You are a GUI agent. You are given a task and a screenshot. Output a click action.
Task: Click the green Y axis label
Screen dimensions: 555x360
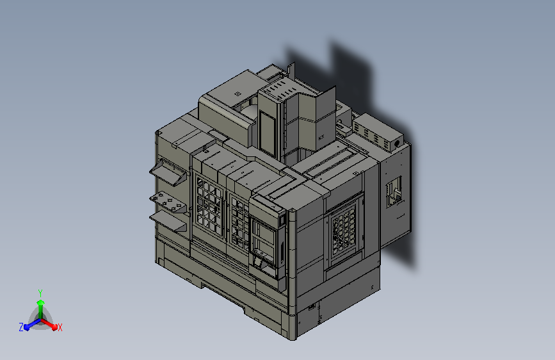point(40,293)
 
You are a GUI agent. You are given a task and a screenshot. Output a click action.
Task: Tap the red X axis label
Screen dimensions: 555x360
point(60,327)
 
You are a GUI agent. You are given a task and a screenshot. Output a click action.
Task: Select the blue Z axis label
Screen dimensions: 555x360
point(21,327)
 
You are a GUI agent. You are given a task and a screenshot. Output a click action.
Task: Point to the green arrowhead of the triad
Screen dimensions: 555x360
point(41,302)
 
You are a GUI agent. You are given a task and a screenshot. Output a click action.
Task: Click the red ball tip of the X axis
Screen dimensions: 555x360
point(54,327)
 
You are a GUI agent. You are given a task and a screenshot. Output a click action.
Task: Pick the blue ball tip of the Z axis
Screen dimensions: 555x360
point(27,327)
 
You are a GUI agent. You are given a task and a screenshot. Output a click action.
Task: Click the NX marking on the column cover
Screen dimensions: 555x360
point(321,138)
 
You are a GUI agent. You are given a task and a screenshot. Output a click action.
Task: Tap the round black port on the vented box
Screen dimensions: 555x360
point(397,143)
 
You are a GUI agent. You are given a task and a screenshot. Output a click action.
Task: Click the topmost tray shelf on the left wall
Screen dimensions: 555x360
point(168,172)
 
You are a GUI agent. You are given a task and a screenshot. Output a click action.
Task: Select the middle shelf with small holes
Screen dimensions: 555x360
point(168,202)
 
